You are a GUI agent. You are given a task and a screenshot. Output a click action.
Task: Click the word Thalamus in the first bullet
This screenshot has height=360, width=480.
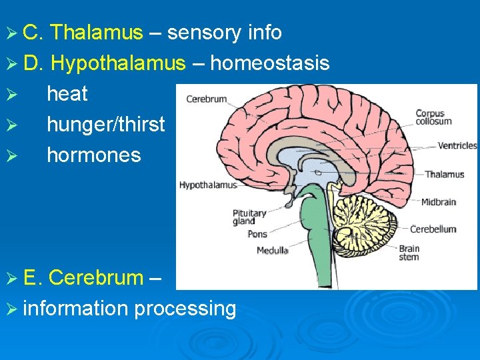[x=97, y=32]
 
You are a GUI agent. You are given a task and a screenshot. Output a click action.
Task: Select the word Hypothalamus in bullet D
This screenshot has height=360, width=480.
[x=118, y=63]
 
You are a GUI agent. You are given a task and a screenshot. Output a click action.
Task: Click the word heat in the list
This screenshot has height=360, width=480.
[x=67, y=94]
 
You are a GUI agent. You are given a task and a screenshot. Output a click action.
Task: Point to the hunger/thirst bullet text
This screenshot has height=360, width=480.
[x=105, y=125]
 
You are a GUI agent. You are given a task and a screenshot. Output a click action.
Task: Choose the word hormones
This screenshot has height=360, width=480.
[x=94, y=155]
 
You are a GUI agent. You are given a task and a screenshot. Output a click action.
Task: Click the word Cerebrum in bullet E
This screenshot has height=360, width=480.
[x=96, y=277]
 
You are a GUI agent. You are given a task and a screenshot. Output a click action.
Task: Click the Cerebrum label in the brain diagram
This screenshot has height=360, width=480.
[x=207, y=99]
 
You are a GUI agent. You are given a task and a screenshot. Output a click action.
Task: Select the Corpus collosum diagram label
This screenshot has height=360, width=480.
[x=433, y=117]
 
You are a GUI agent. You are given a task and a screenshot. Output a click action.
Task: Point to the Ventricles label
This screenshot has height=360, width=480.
[x=457, y=145]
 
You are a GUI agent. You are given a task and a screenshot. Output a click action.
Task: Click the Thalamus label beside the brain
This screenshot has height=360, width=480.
[x=445, y=175]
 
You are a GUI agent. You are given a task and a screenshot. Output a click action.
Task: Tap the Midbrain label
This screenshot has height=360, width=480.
[x=439, y=201]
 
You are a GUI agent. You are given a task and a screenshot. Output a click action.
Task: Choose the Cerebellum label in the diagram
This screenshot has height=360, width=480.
[x=433, y=229]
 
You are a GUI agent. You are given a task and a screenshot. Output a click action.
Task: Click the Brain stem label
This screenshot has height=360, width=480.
[x=409, y=253]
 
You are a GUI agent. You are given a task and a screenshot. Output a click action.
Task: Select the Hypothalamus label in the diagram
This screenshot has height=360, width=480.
[x=207, y=185]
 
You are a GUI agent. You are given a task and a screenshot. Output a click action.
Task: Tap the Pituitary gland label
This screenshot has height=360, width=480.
[x=249, y=217]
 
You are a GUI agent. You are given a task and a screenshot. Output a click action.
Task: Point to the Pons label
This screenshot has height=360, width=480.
[x=257, y=234]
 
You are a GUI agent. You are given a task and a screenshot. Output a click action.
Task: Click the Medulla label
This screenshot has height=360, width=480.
[x=273, y=251]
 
